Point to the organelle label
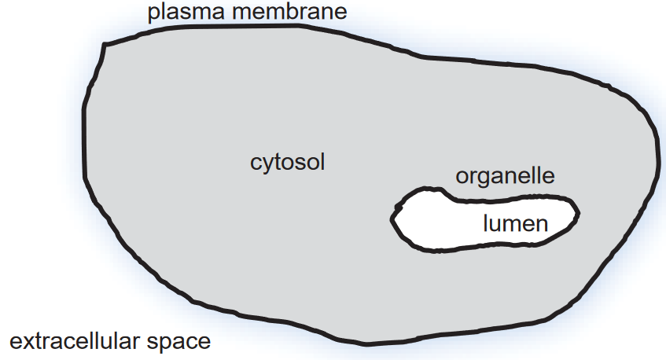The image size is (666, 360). [x=506, y=175]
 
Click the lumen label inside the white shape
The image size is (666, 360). [x=515, y=224]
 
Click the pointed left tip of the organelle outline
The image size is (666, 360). [x=393, y=220]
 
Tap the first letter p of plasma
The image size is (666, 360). [x=151, y=15]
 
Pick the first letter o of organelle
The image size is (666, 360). [x=462, y=177]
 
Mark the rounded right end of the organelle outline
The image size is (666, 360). [x=578, y=213]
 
